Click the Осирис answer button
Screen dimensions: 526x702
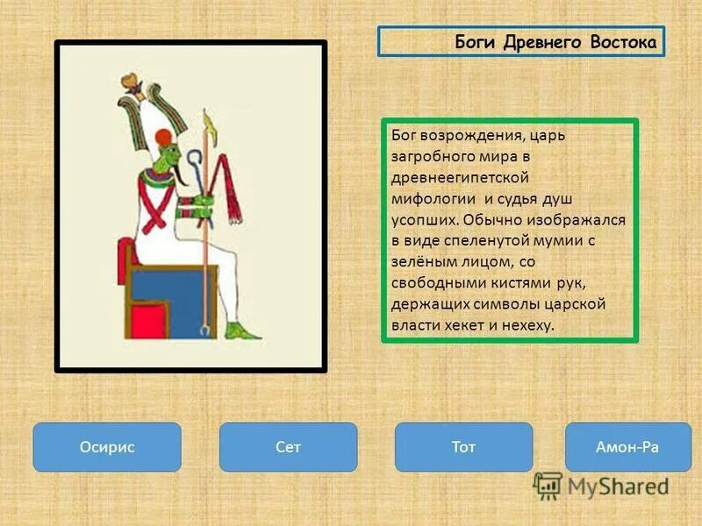pos(107,447)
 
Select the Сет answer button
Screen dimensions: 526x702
pos(288,447)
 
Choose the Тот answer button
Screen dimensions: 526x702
pos(463,447)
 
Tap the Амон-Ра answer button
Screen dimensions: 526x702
pos(627,447)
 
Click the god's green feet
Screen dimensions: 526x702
pos(242,331)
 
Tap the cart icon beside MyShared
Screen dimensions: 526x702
pos(548,484)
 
